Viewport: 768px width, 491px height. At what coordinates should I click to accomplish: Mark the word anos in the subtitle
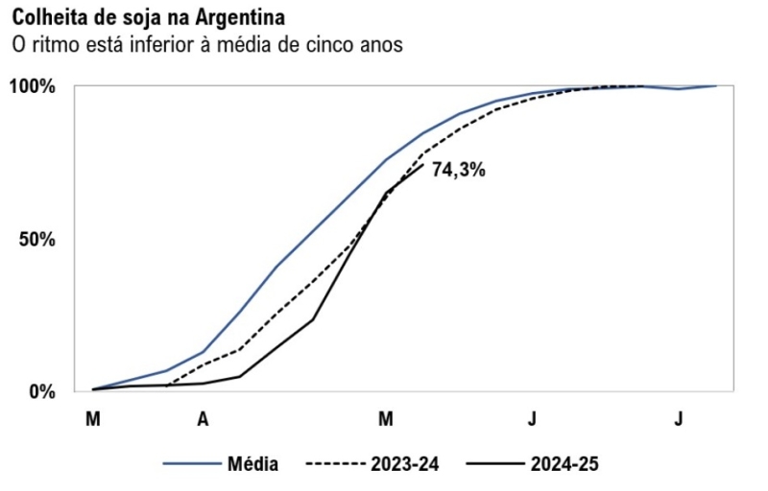(x=379, y=44)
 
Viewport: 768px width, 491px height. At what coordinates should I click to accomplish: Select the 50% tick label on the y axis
(x=37, y=239)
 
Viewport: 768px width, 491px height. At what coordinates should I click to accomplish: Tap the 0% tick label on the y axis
(x=42, y=391)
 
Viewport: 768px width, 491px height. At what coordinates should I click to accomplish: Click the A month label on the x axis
(x=203, y=419)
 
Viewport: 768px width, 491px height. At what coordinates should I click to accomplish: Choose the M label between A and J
(x=386, y=419)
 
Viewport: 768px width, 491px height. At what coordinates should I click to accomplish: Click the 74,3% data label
(x=458, y=171)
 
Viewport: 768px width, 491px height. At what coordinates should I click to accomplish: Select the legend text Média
(x=252, y=464)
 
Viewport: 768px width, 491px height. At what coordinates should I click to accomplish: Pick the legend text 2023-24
(x=403, y=464)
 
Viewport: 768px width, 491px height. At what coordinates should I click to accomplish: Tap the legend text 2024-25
(x=564, y=464)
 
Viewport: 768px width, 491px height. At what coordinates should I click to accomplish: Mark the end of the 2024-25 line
(x=422, y=164)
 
